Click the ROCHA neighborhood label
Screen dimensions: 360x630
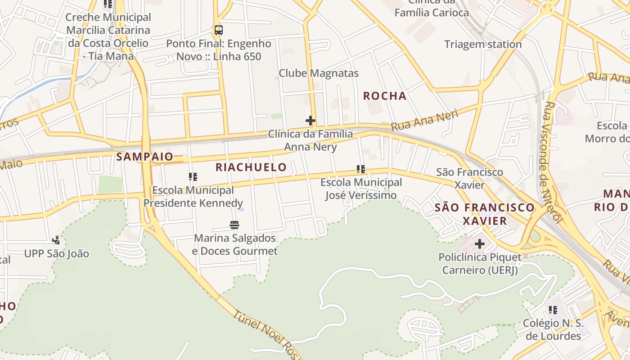tap(385, 96)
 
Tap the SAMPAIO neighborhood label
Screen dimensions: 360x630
tap(144, 157)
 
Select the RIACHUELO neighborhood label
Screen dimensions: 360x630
tap(251, 167)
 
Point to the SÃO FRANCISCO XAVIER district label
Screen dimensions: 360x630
tap(485, 214)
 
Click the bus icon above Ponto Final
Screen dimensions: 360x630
tap(219, 30)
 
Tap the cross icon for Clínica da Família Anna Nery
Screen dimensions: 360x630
tap(310, 121)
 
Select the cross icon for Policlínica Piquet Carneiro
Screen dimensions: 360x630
tap(480, 244)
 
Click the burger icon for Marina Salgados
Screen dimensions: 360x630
tap(234, 225)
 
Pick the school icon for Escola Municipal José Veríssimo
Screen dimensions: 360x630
tap(360, 169)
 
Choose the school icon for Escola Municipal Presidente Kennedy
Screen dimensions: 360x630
tap(193, 176)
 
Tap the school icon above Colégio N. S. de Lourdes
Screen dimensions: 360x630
tap(553, 310)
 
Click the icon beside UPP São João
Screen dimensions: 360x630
tap(56, 240)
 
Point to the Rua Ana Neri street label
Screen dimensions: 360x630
tap(425, 120)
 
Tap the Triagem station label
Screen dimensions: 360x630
tap(483, 45)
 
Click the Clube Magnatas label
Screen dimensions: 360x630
tap(319, 73)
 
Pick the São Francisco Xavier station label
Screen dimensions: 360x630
tap(470, 178)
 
